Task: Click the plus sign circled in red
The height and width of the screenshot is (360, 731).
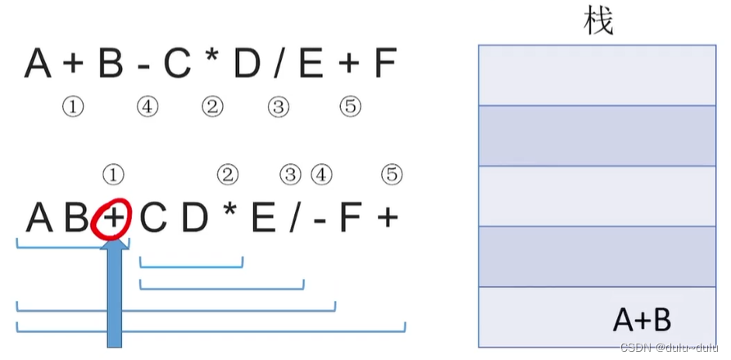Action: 112,218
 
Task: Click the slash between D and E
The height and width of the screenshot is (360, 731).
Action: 279,64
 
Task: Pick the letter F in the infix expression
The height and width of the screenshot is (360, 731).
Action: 385,64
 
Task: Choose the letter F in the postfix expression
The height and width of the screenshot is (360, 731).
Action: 350,218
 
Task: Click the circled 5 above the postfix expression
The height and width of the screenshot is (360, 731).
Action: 392,174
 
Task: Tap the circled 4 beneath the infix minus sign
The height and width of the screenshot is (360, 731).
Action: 148,107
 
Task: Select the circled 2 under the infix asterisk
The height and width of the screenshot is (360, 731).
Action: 212,107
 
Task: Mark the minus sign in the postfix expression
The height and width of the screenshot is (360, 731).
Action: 320,219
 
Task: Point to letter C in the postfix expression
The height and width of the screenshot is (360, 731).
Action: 153,218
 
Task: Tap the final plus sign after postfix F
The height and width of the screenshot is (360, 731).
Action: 387,219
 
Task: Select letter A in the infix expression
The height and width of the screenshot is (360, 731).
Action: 39,64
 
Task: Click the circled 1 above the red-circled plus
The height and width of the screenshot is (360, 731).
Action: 113,174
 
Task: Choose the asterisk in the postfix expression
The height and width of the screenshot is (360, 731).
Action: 230,215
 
